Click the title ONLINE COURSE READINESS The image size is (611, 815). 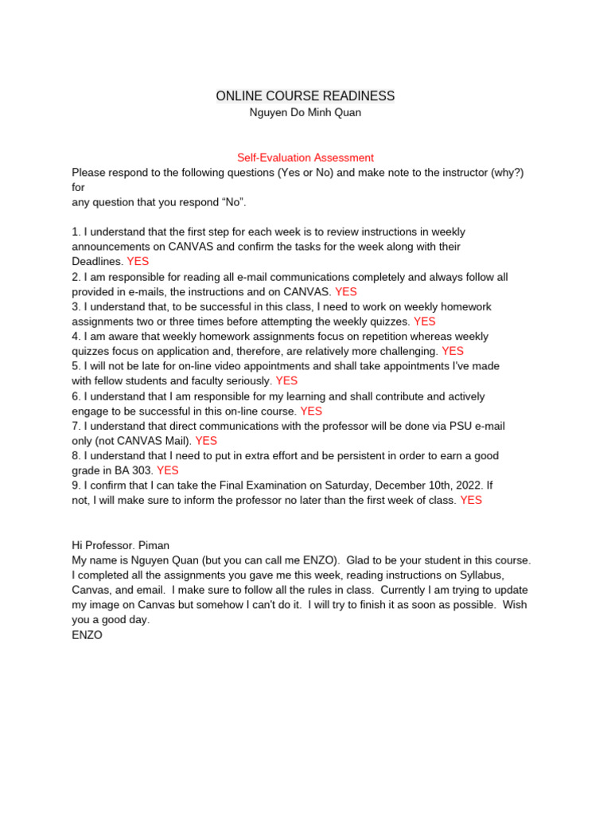pos(305,96)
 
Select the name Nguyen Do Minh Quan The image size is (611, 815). pos(305,113)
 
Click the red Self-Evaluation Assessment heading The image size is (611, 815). pos(305,158)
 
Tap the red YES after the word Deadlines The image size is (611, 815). pos(138,261)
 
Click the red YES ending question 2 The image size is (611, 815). pos(346,291)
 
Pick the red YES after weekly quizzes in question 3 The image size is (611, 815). pos(425,322)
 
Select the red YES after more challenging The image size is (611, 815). pos(453,351)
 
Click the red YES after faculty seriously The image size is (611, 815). pos(286,381)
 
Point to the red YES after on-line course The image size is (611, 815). pos(311,411)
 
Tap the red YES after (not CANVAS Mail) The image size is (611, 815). pos(206,440)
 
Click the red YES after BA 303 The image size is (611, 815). pos(168,470)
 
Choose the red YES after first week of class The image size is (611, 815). pos(471,500)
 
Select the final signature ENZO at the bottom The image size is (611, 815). pos(87,635)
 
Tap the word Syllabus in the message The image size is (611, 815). pos(477,575)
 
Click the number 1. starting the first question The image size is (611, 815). pos(76,232)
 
